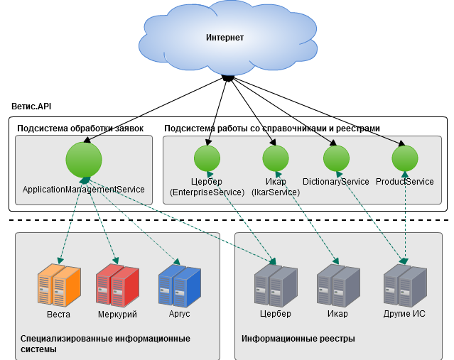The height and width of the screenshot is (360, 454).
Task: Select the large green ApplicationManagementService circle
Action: point(85,160)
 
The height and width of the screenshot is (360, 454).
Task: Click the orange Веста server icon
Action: point(59,286)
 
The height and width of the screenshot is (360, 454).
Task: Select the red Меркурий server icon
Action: point(117,286)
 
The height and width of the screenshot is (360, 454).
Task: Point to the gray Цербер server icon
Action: point(275,286)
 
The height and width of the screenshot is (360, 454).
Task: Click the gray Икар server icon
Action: point(337,286)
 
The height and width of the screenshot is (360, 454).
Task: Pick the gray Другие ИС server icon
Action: point(404,286)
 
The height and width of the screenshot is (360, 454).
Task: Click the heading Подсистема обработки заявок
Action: point(80,129)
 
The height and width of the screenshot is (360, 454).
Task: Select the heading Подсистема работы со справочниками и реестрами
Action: point(272,129)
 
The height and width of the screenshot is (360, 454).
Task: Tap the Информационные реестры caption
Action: point(298,339)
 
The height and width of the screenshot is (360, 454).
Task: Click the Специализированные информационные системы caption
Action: point(105,344)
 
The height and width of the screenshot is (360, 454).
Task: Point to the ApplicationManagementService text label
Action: point(84,190)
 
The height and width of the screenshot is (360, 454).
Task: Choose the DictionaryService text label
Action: point(336,182)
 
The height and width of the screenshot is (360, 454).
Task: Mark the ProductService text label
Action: point(404,182)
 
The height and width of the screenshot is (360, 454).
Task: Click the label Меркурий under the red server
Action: point(117,314)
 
